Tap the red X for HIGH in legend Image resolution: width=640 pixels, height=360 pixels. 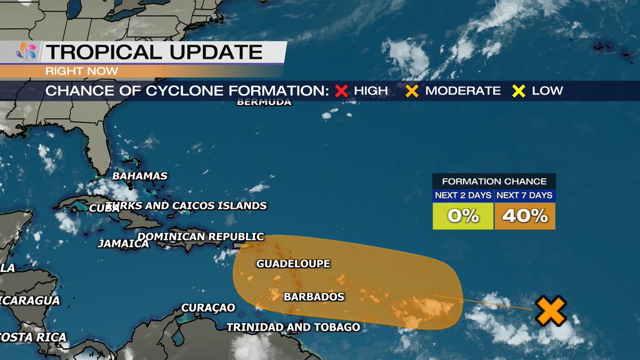click(341, 91)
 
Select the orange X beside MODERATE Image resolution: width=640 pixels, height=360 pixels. click(411, 91)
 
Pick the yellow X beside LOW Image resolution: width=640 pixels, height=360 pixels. click(518, 91)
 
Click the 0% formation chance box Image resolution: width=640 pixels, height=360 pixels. click(463, 216)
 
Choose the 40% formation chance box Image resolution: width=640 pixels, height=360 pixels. click(525, 216)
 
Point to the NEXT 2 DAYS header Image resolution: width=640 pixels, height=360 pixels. click(463, 195)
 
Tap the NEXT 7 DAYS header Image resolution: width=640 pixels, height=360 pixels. click(525, 195)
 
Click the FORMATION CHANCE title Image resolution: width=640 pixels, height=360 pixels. click(494, 181)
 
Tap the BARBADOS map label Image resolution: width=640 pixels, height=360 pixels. click(314, 297)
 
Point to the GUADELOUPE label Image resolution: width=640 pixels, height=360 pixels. click(293, 263)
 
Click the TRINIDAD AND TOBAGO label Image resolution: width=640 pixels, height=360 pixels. click(293, 327)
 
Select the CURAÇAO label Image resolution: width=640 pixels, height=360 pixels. click(208, 308)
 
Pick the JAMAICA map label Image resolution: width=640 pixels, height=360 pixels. click(123, 244)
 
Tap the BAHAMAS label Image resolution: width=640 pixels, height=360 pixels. click(140, 176)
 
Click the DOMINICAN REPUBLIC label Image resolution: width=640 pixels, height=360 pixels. click(201, 236)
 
